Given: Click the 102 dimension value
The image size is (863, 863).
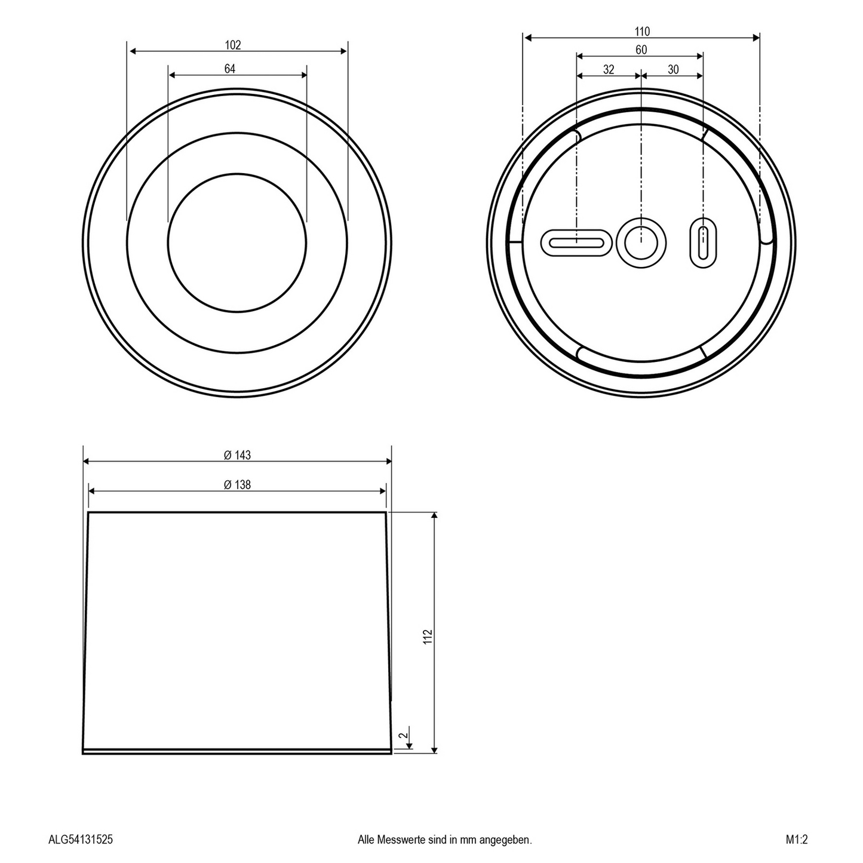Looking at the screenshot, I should click(232, 45).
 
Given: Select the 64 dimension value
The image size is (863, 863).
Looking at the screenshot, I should click(230, 69).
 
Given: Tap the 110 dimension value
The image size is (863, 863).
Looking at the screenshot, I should click(642, 32).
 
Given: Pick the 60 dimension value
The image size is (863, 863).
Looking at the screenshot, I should click(641, 50).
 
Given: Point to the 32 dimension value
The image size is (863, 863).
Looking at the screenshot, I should click(608, 70).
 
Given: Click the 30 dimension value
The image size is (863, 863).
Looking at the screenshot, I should click(673, 70).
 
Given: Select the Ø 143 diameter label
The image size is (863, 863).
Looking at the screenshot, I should click(237, 455).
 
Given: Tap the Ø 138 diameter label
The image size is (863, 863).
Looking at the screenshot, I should click(237, 485).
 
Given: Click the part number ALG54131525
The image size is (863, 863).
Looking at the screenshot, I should click(80, 840).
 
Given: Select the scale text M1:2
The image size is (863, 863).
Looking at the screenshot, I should click(797, 840).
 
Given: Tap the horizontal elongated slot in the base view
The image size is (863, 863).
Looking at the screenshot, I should click(576, 242).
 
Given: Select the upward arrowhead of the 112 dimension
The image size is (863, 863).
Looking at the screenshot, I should click(434, 515).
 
